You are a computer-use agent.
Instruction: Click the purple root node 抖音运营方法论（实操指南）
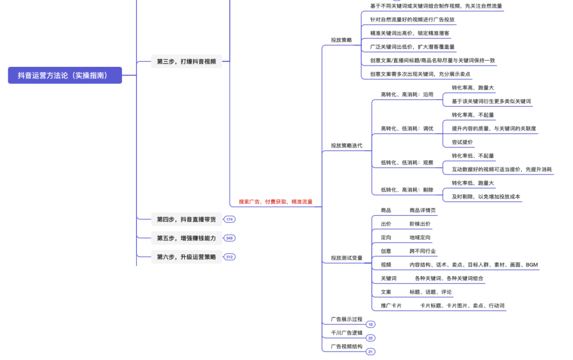[x=65, y=75]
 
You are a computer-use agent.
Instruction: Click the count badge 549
[x=230, y=238]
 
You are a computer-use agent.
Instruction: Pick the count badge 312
[x=230, y=257]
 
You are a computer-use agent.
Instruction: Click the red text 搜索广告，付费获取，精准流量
[x=275, y=202]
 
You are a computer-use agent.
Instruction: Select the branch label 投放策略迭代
[x=346, y=145]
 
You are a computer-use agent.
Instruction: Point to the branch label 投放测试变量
[x=346, y=258]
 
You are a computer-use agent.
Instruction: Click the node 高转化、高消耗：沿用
[x=407, y=95]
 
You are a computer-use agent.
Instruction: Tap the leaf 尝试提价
[x=462, y=142]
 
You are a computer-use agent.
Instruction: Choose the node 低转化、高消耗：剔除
[x=407, y=190]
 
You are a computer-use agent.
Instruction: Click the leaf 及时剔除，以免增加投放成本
[x=486, y=197]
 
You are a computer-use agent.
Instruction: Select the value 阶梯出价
[x=420, y=224]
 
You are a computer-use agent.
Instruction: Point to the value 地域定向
[x=420, y=238]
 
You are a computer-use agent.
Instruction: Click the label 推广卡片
[x=391, y=306]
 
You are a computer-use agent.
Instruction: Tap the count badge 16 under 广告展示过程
[x=370, y=324]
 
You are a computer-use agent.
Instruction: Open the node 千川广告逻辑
[x=346, y=333]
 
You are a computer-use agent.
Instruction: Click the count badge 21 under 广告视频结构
[x=370, y=352]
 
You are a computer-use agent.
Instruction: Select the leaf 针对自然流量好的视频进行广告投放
[x=412, y=20]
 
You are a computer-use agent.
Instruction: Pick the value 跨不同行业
[x=423, y=251]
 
